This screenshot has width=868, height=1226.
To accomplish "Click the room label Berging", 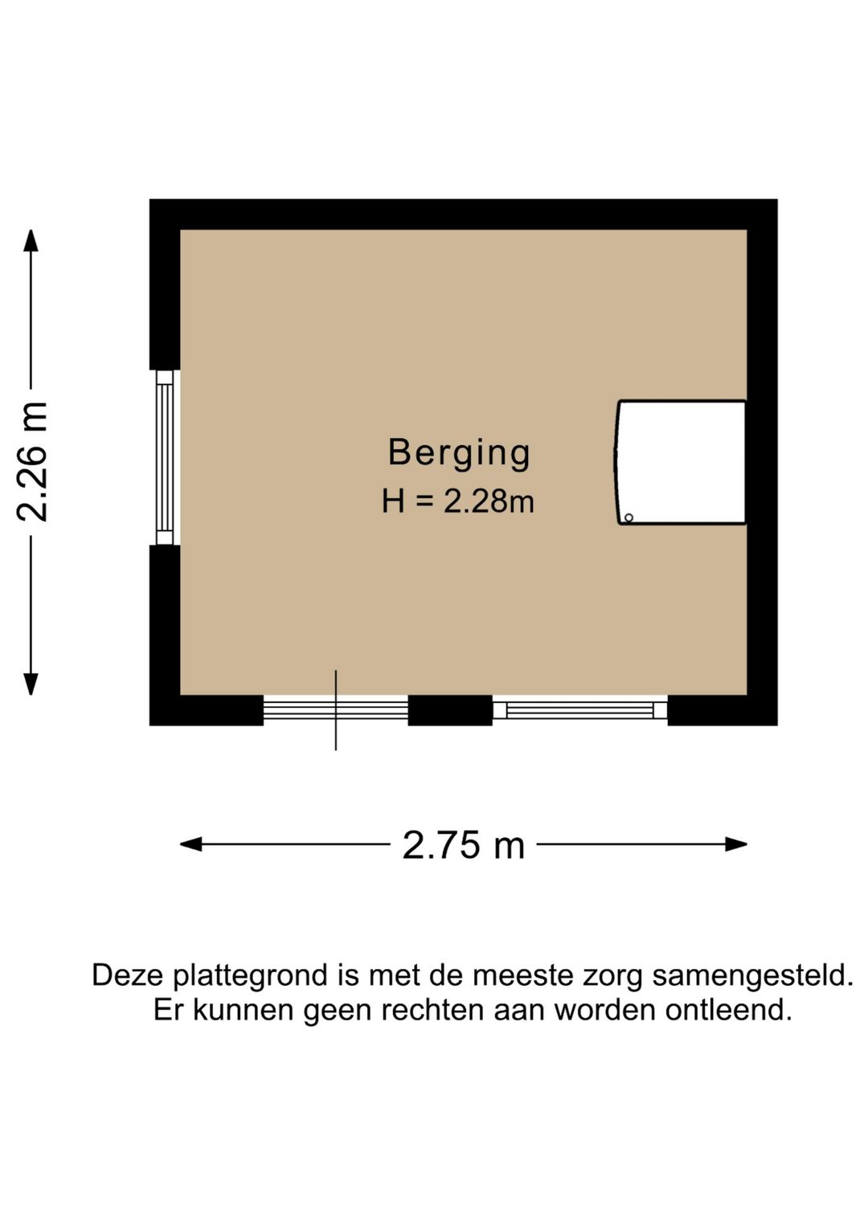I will pyautogui.click(x=459, y=453).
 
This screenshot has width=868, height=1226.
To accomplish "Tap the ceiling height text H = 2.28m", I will pyautogui.click(x=457, y=502).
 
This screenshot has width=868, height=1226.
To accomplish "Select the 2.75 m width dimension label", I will pyautogui.click(x=463, y=845).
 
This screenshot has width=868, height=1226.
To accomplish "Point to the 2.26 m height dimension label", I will pyautogui.click(x=34, y=462).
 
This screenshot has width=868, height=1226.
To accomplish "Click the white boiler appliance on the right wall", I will pyautogui.click(x=682, y=463).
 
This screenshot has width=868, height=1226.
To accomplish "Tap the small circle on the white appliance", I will pyautogui.click(x=628, y=517).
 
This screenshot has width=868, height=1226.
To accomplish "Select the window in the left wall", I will pyautogui.click(x=165, y=457).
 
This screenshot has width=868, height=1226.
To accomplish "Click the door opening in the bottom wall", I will pyautogui.click(x=335, y=709).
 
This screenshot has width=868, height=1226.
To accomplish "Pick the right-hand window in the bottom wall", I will pyautogui.click(x=579, y=710).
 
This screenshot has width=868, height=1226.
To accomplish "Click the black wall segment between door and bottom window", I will pyautogui.click(x=450, y=710).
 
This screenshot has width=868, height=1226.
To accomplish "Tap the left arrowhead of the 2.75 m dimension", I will pyautogui.click(x=190, y=844).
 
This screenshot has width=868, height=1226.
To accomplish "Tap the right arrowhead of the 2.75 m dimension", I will pyautogui.click(x=737, y=844).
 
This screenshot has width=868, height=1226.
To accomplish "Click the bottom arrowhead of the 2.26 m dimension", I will pyautogui.click(x=31, y=685).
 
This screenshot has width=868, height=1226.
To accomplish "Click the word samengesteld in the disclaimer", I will pyautogui.click(x=752, y=976).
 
